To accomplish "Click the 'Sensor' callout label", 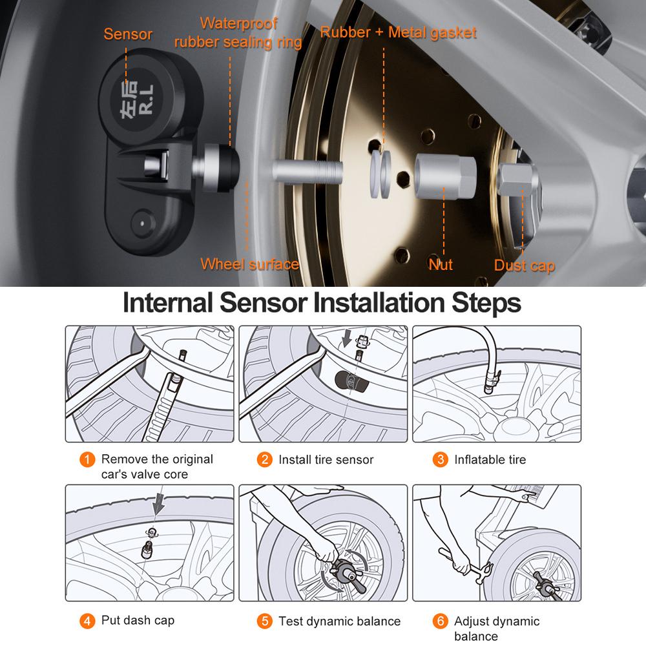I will pos(127,34).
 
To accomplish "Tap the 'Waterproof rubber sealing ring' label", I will pos(238,33).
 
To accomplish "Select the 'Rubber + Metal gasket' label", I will pos(399,32).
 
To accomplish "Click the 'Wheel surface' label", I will pos(249,264).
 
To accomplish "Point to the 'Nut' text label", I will pos(441,264).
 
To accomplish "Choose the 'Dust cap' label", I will pos(525,266).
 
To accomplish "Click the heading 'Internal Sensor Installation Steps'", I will pos(322,302).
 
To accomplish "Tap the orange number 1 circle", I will pos(87,460).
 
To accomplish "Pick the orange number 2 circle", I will pos(264,460).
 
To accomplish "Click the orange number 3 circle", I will pos(440,460).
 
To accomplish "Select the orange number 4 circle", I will pos(87,621).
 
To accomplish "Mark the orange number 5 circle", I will pos(264,621).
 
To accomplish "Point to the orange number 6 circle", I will pos(440,621).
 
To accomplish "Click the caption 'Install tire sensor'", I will pos(326,460).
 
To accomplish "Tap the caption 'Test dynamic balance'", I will pos(340,621).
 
